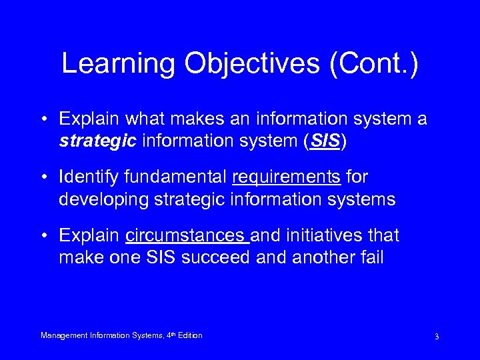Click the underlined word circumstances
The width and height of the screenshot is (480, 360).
tap(187, 237)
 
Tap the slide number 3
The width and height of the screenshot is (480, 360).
tap(436, 337)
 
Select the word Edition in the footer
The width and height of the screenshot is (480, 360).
tap(189, 335)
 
